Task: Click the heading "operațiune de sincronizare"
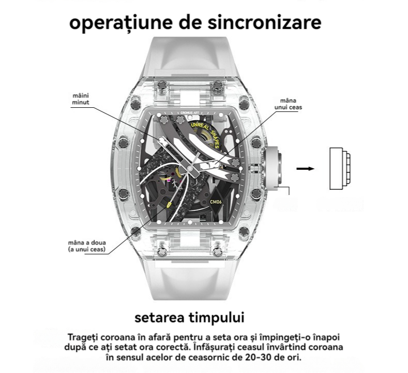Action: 195,23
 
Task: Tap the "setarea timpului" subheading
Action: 189,318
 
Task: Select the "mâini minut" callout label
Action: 80,99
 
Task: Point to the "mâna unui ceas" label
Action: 288,104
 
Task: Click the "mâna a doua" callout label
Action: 87,246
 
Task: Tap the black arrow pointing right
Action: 306,169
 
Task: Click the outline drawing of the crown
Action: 340,169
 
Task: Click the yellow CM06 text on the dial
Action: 216,202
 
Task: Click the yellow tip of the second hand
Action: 169,205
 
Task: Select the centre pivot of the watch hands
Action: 190,169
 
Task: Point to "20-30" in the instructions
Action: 256,358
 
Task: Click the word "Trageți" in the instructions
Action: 83,338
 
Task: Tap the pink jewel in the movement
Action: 169,180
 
